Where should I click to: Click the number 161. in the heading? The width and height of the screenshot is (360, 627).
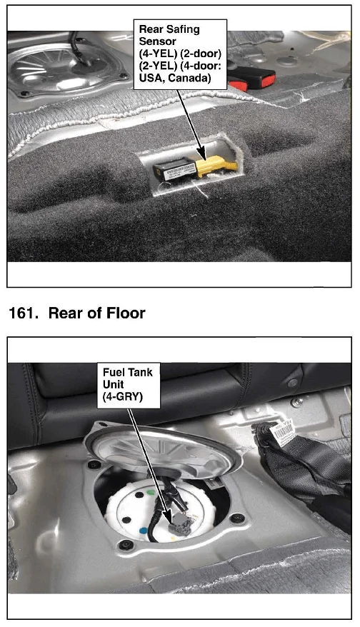[x=23, y=313]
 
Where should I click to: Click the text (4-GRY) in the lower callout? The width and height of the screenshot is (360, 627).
[x=122, y=397]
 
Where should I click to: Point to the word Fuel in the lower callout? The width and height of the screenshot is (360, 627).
[x=112, y=372]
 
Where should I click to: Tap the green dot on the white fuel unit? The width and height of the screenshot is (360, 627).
[x=151, y=493]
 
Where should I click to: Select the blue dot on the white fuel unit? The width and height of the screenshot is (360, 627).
[x=143, y=531]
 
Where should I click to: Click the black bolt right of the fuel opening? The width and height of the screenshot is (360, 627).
[x=237, y=518]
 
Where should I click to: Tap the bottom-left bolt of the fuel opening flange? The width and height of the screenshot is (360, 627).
[x=126, y=545]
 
